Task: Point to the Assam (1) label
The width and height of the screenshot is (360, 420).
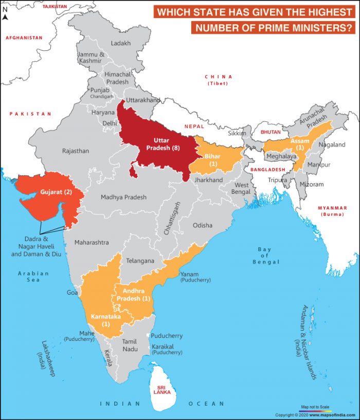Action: (x=300, y=144)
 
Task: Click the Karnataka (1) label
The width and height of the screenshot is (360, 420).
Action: (x=106, y=320)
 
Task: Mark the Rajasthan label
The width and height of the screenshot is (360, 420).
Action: (x=76, y=151)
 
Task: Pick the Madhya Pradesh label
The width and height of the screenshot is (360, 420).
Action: (x=123, y=197)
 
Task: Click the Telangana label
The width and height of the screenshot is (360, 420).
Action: (x=140, y=261)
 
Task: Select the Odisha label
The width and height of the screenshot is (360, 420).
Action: (x=202, y=225)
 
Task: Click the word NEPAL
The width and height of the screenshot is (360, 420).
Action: (x=195, y=126)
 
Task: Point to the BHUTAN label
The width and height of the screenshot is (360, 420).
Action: (x=271, y=132)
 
